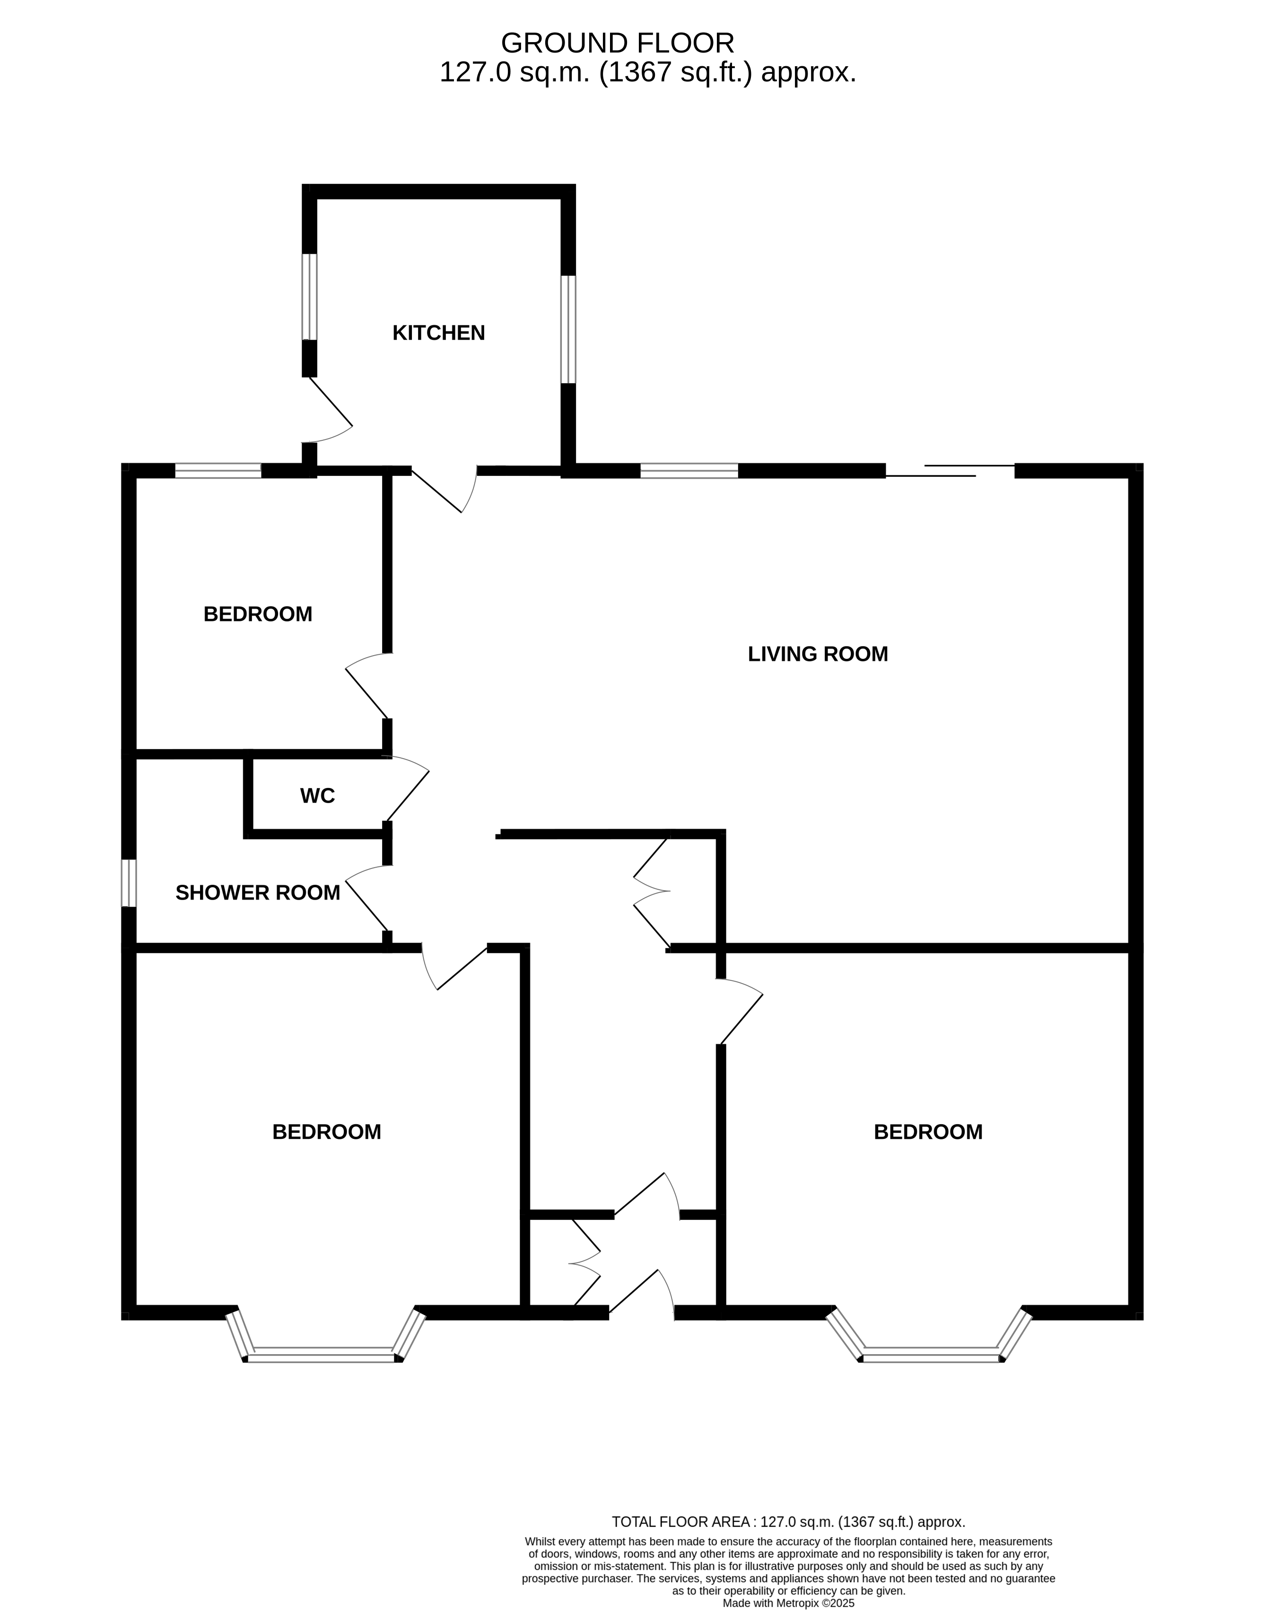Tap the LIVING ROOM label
817,655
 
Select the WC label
317,796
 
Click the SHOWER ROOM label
258,892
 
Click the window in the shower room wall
129,883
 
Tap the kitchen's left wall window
309,297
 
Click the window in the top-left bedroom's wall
218,471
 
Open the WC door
407,788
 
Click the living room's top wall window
689,471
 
